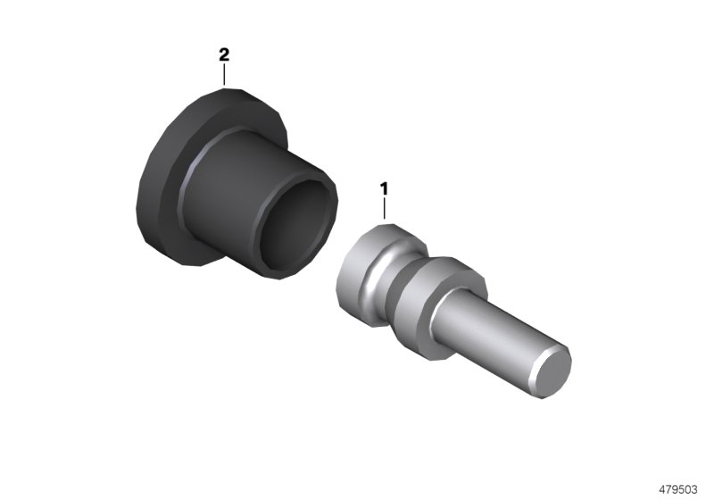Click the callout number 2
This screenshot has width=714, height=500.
(x=224, y=55)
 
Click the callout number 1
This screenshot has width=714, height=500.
(x=385, y=189)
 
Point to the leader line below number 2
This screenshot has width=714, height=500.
(x=224, y=75)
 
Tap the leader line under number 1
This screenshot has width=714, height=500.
(x=385, y=209)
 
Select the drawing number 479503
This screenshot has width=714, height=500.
(x=678, y=490)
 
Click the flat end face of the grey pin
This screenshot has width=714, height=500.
(x=552, y=370)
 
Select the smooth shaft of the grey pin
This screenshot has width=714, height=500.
(x=492, y=337)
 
